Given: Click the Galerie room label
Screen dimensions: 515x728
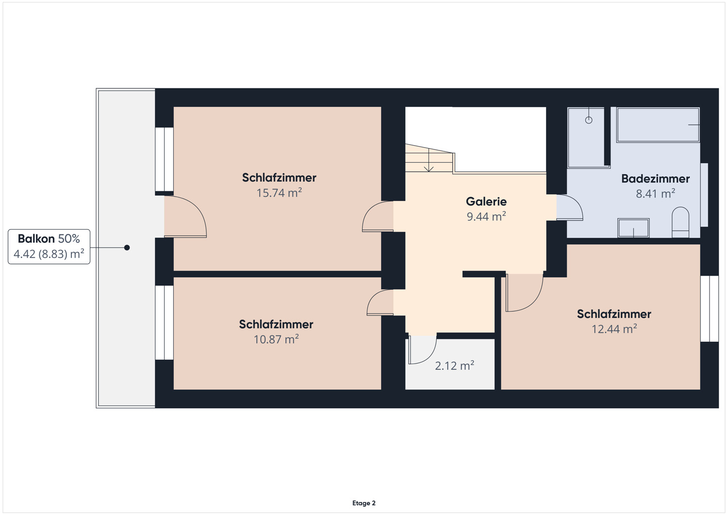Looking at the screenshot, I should coord(486,201).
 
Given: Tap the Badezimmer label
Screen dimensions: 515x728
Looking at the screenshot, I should coord(655,179).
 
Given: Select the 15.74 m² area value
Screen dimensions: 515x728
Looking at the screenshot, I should coord(279,193).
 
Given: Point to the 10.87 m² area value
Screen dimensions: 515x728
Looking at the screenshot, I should coord(276,339).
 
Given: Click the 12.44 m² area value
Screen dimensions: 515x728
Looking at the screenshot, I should coord(614,329).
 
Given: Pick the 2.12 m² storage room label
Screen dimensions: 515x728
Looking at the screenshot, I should coord(454,365).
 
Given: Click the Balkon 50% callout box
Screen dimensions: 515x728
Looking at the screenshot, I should coord(49,247).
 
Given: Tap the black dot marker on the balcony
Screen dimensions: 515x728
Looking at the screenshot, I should coord(127,248).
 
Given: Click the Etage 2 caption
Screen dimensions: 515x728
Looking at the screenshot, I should coord(364,503).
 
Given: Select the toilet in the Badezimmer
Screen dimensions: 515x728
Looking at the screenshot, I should coord(680,223).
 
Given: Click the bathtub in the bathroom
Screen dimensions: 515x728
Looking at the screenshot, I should coord(658,125).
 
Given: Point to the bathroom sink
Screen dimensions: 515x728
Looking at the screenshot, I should coord(633,228).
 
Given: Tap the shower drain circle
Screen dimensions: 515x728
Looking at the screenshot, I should coord(589,120).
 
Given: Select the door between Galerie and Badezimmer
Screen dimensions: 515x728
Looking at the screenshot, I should coord(569,208).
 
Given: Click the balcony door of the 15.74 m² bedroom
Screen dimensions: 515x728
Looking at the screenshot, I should coord(185,217).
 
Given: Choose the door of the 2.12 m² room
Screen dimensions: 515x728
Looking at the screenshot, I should coord(422,349).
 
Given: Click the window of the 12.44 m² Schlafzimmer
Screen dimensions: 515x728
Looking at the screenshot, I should coord(709,309).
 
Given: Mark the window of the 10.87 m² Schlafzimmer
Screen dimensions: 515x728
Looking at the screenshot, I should coord(165,322).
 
